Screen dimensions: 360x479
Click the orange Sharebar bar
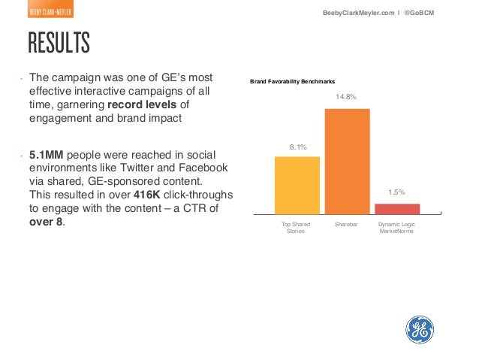(x=347, y=162)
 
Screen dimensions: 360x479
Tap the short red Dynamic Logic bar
(x=396, y=209)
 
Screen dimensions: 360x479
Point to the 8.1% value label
(x=297, y=147)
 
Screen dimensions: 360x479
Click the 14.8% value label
(x=347, y=97)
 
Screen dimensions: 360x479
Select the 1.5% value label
(x=396, y=192)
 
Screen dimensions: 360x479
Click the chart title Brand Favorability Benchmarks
(x=293, y=81)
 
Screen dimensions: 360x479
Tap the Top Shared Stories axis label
(x=297, y=228)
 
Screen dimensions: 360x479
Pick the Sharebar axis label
(x=347, y=225)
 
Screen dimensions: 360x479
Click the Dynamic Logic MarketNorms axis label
(x=396, y=228)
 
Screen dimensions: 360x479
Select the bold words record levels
(x=143, y=104)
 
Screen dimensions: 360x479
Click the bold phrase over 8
(x=47, y=222)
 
